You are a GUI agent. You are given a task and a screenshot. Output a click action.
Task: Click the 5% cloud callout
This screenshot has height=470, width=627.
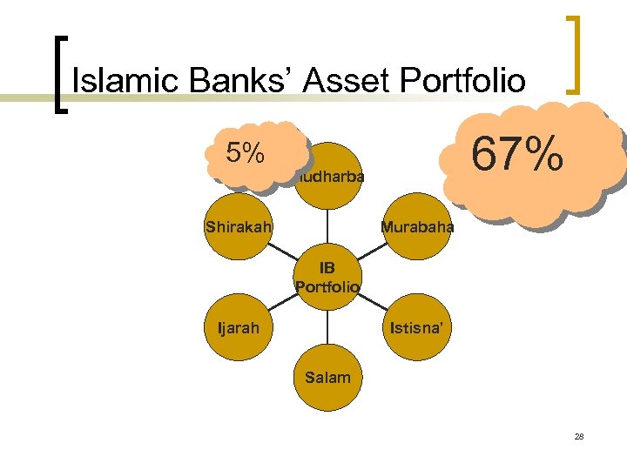pos(246,153)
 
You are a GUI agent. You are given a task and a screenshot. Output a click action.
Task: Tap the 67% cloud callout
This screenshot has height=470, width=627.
pos(518,158)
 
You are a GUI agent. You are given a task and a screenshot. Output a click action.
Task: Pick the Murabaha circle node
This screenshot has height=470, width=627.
pos(416,227)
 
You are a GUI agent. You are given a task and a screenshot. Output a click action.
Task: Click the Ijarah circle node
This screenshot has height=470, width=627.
pos(237,328)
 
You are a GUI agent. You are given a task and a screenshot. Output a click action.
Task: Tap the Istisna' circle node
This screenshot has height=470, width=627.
pos(417,328)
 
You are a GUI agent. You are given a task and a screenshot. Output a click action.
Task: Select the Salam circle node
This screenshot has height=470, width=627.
pos(328,377)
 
